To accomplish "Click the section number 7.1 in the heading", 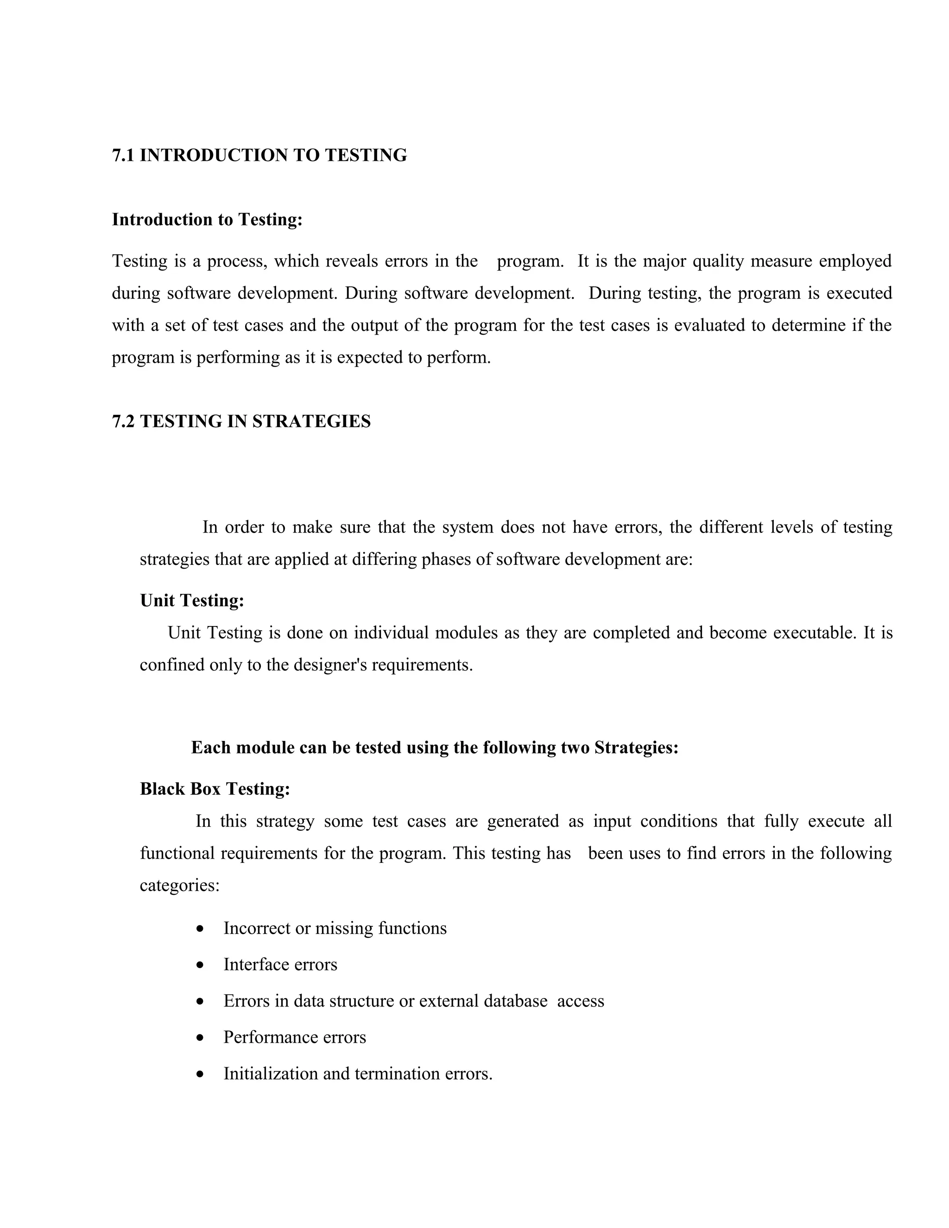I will (123, 155).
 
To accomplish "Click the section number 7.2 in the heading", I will (123, 421).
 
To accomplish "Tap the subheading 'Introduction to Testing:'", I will (207, 219).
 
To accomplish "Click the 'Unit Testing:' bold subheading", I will (192, 601).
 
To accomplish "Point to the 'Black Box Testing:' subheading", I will (215, 789).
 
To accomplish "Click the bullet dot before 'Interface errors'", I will (201, 965).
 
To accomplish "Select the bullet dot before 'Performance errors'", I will (201, 1038).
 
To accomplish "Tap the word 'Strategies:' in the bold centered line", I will (636, 748).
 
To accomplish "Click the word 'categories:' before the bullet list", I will (179, 886).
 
